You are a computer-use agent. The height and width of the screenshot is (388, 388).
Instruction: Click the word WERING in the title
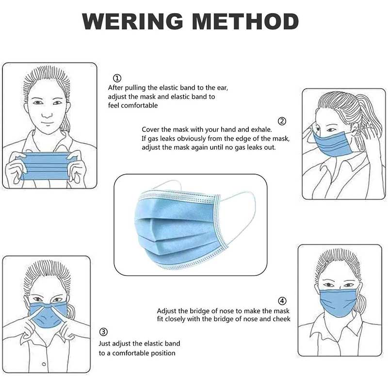coord(132,21)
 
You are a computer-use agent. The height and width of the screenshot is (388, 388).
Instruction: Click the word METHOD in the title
coord(245,21)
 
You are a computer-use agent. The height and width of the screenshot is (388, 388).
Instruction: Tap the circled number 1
coord(117,78)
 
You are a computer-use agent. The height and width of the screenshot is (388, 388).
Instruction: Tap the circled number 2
coord(282,121)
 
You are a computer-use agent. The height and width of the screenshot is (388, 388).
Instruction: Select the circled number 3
coord(103,332)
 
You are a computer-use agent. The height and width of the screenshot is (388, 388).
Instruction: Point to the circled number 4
coord(282,301)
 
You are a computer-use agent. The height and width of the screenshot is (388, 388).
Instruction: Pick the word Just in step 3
coord(105,343)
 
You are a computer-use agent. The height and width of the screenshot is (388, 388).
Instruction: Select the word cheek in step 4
coord(282,319)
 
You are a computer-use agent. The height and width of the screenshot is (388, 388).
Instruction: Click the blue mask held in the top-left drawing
coord(46,166)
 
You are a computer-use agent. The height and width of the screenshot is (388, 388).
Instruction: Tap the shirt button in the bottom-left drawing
coord(44,364)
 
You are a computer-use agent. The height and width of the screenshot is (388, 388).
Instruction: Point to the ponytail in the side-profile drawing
coord(369,124)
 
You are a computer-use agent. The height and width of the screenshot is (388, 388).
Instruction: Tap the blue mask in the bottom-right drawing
coord(338,302)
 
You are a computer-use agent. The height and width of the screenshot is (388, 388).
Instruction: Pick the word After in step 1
coord(115,88)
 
